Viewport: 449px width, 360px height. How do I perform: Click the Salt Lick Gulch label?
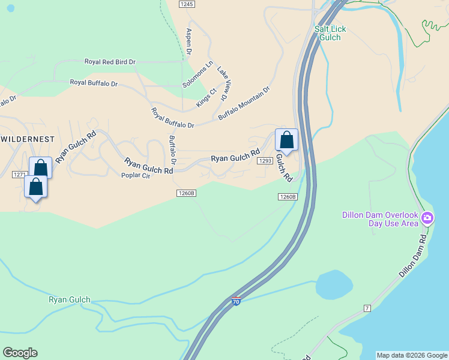(x=330, y=33)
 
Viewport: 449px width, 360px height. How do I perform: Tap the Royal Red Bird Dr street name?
(x=110, y=62)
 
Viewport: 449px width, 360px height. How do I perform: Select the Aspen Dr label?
(x=188, y=42)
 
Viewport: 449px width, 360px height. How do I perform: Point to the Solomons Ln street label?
(x=198, y=74)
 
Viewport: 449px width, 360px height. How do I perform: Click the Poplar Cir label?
(x=134, y=175)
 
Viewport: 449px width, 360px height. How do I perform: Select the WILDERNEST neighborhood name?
(x=28, y=139)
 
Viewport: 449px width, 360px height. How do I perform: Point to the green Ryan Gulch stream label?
(x=70, y=299)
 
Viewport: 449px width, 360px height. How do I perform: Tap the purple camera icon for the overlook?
(x=427, y=218)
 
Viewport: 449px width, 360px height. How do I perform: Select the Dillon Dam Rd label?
(x=414, y=255)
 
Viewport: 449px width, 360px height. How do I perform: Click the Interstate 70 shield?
(x=236, y=301)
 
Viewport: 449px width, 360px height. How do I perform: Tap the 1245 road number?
(x=187, y=4)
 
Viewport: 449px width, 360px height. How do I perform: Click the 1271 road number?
(x=20, y=174)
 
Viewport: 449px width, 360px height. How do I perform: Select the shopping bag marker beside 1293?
(x=287, y=140)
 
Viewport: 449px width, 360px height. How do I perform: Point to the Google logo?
(x=20, y=353)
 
